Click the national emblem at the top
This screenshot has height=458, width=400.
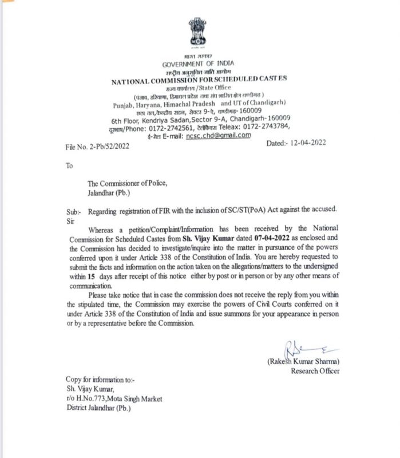[198, 33]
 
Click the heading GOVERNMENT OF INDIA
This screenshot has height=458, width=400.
[198, 64]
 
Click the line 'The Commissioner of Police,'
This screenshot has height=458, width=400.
[127, 184]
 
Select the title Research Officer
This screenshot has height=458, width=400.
[315, 371]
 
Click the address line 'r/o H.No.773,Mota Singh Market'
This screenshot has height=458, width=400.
[114, 398]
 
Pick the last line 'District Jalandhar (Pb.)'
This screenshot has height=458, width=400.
[98, 408]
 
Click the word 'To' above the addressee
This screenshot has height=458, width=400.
[70, 165]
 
